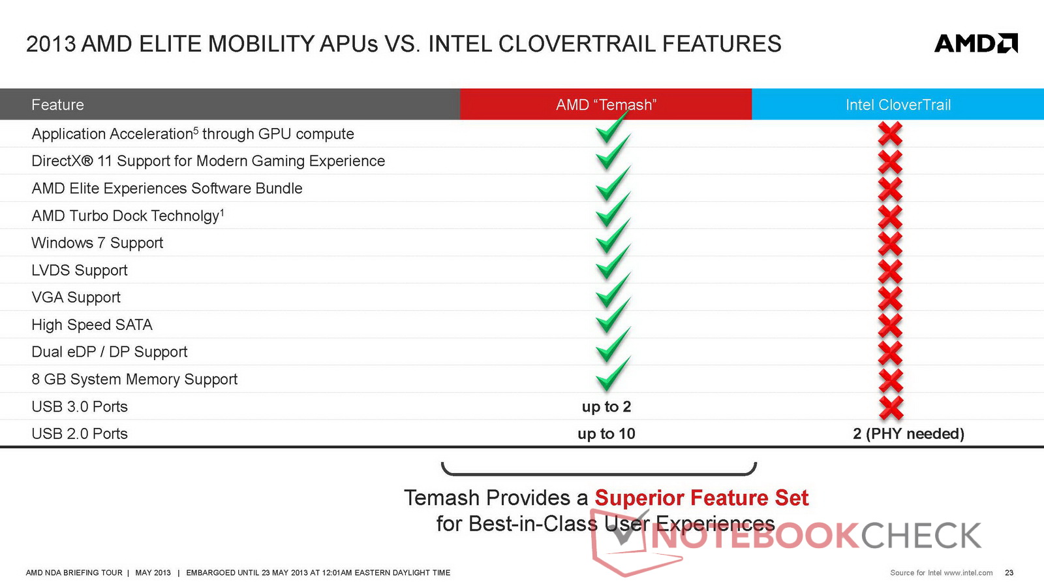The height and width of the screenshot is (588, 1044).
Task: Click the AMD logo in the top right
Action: (976, 43)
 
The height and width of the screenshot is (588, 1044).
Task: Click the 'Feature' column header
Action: (57, 105)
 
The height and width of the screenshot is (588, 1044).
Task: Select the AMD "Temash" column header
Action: (606, 105)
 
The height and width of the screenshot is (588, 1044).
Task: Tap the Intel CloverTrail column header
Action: (898, 105)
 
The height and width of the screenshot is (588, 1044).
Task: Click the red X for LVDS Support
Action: (890, 270)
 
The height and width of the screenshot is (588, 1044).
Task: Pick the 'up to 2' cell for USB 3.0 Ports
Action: (606, 406)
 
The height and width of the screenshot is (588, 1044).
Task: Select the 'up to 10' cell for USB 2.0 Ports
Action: (606, 434)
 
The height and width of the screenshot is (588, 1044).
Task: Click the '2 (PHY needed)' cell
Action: (908, 434)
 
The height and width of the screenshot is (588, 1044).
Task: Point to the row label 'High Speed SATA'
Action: (92, 325)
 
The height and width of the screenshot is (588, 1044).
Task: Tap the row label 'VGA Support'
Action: (76, 297)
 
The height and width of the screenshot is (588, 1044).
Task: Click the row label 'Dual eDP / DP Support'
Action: (110, 352)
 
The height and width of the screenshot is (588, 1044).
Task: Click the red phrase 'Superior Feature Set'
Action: (701, 497)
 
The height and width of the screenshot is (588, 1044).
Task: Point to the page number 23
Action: (1009, 572)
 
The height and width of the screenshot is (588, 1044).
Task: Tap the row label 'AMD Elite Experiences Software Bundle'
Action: (167, 189)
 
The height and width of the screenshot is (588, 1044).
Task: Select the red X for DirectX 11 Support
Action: (890, 161)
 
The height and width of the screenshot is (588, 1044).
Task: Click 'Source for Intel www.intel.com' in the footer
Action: (942, 572)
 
